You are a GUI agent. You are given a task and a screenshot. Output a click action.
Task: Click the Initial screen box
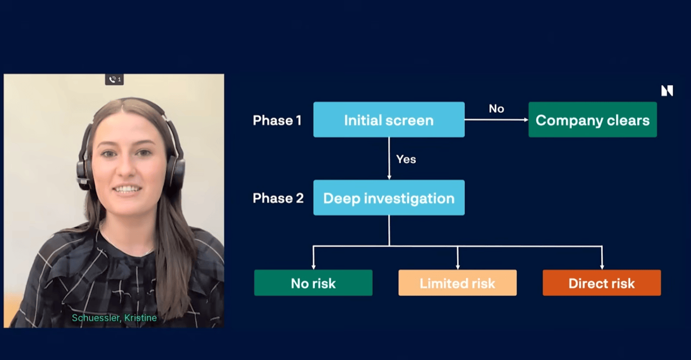[388, 120]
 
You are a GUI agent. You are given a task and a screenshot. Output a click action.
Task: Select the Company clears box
[593, 120]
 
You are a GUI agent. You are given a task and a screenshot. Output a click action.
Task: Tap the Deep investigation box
[388, 198]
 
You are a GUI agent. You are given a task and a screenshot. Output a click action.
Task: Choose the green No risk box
[313, 283]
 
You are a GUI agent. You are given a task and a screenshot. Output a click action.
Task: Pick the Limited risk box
[457, 283]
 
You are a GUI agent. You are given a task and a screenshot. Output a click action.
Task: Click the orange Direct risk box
[602, 283]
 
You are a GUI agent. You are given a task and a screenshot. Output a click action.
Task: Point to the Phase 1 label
[277, 120]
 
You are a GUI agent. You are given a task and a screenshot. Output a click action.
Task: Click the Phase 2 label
[278, 198]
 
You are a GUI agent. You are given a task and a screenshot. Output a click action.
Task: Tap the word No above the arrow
[496, 109]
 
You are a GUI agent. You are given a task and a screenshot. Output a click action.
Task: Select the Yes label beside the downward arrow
[406, 159]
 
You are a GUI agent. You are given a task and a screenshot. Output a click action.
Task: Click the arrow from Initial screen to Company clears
[496, 120]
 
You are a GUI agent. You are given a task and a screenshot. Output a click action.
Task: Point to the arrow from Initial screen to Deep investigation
[389, 158]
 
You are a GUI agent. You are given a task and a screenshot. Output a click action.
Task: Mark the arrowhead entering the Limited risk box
[457, 266]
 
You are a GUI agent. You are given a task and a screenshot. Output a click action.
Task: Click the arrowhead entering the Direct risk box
[602, 266]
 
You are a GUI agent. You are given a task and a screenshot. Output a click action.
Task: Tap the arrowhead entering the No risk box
[313, 266]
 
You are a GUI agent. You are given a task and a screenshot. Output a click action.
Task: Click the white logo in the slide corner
[667, 91]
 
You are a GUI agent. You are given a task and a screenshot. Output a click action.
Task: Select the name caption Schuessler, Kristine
[114, 318]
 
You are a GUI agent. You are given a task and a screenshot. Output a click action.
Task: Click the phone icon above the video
[112, 80]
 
